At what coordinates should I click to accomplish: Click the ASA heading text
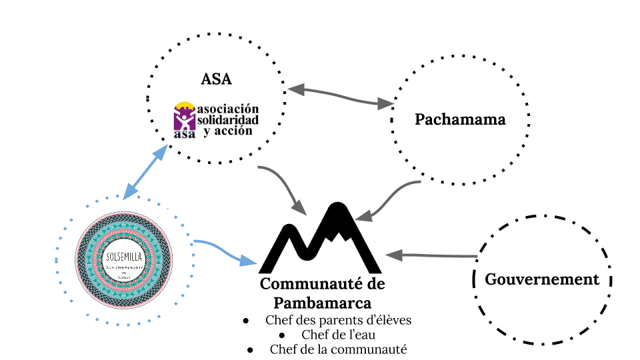pos(216,79)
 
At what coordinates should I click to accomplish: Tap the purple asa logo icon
pos(184,120)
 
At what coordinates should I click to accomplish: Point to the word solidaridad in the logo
pos(227,119)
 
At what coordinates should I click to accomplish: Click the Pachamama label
pos(460,120)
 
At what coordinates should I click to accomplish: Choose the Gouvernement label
pos(542,279)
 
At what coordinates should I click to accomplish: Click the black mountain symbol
pos(320,237)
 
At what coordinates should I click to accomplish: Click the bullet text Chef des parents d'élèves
pos(338,320)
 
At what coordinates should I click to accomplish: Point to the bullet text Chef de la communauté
pos(338,349)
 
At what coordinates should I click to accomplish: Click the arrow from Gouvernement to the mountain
pos(433,255)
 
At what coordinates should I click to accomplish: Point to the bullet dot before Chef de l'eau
pos(284,335)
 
